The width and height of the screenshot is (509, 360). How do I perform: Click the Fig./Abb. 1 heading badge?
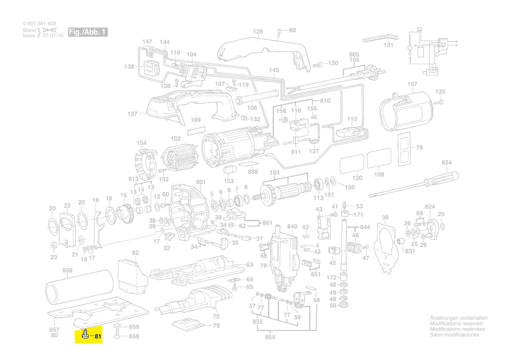click(x=88, y=32)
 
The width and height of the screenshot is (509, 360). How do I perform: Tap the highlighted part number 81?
click(x=98, y=336)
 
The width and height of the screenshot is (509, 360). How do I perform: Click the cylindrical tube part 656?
click(x=79, y=288)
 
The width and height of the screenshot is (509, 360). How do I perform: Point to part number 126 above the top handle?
click(x=258, y=31)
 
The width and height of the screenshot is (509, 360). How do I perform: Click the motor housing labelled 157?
click(x=407, y=109)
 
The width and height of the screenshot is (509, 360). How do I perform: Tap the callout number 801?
click(x=200, y=182)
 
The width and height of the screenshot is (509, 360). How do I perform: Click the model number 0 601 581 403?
click(x=39, y=24)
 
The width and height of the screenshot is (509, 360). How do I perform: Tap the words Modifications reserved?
click(x=456, y=324)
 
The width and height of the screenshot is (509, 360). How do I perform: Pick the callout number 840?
click(x=292, y=227)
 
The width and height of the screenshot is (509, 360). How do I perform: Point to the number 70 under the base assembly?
click(x=216, y=316)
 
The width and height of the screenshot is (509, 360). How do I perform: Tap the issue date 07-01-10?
click(x=53, y=36)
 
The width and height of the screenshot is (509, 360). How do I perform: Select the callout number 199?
click(x=196, y=119)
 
